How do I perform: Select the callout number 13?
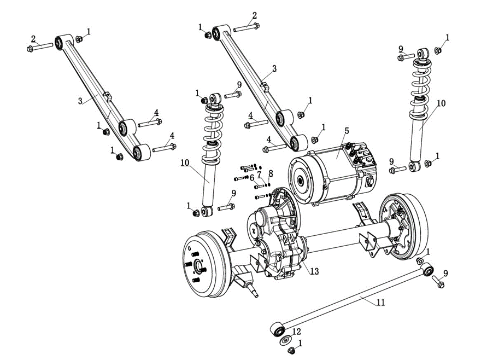313,271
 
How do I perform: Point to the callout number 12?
296,332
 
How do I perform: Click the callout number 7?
260,174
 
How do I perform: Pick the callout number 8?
271,174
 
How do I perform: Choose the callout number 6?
252,177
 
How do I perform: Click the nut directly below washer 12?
291,350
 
